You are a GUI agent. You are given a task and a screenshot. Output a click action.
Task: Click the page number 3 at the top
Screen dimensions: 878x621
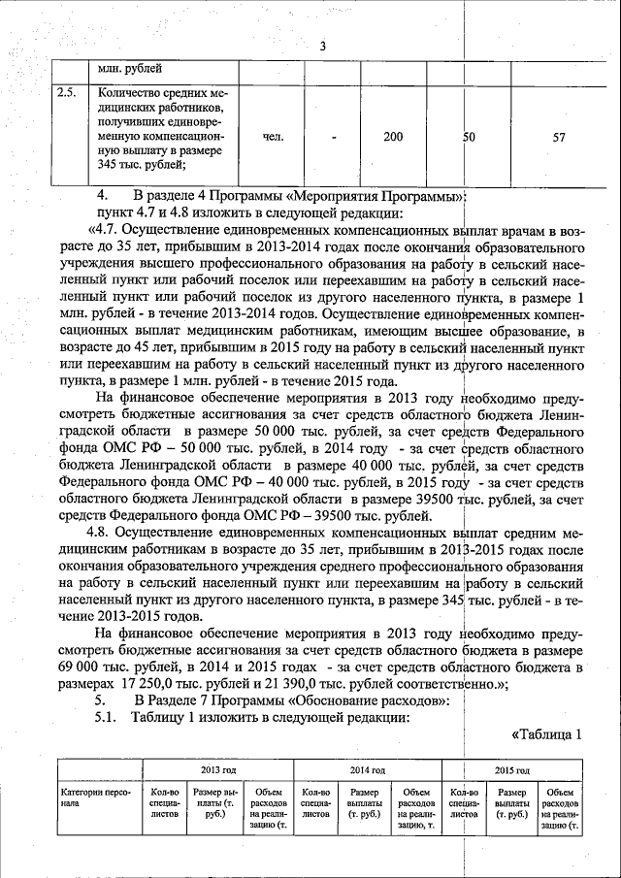(x=322, y=47)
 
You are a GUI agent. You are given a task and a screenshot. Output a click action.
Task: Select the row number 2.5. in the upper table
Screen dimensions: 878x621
(x=66, y=91)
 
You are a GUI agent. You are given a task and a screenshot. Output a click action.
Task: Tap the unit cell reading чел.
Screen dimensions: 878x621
(x=273, y=137)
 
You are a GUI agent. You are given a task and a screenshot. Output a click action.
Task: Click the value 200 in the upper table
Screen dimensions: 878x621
(x=392, y=137)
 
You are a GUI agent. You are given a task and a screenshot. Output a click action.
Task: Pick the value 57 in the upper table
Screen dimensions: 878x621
(x=559, y=138)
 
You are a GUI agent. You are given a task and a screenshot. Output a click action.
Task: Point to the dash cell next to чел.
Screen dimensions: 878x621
(x=333, y=137)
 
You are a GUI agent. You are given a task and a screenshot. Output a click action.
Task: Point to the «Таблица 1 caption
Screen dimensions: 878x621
(x=545, y=734)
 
